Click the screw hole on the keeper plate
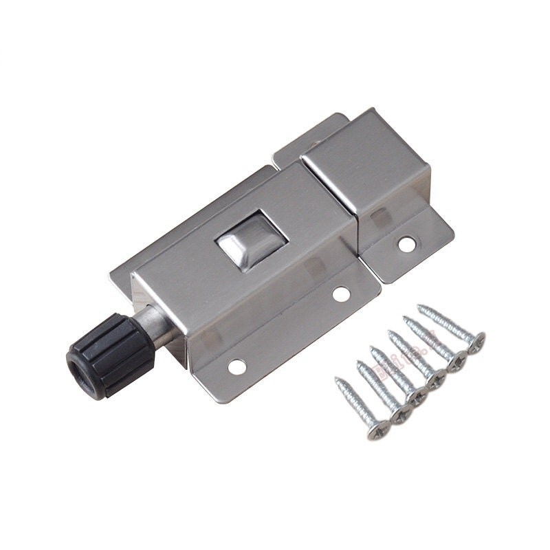coord(408,242)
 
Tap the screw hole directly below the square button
coord(341,294)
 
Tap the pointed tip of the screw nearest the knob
coord(337,379)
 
